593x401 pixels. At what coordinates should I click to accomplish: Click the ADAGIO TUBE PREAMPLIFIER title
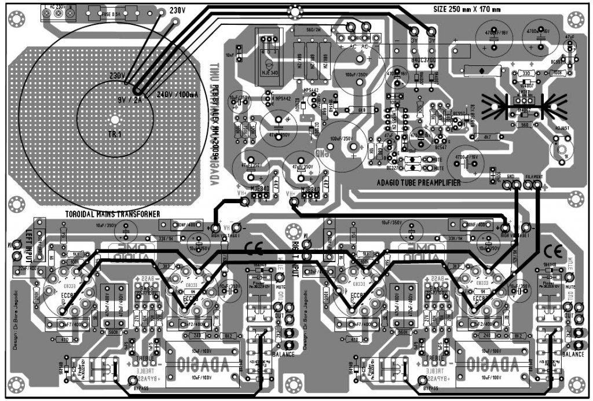click(418, 182)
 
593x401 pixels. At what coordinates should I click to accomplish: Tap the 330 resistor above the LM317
click(526, 73)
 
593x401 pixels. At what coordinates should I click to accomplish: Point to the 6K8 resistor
click(362, 109)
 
